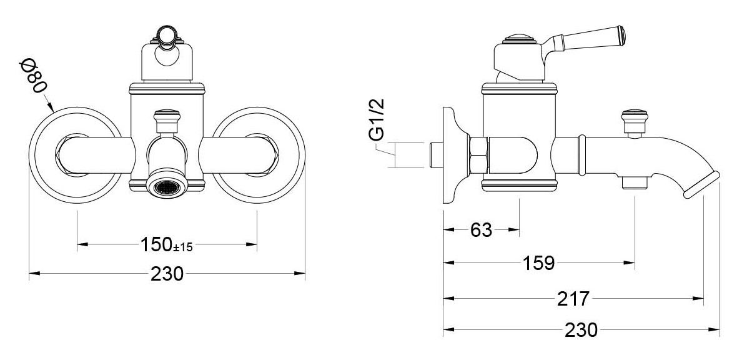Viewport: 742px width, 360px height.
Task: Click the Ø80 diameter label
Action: click(x=34, y=76)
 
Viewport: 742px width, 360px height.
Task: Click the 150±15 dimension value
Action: click(x=166, y=245)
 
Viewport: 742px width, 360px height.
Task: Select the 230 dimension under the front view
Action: click(x=167, y=273)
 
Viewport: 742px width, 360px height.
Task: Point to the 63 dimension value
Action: click(x=482, y=230)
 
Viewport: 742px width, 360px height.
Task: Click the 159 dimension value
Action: click(x=538, y=262)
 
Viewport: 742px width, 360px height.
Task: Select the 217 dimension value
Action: click(x=573, y=298)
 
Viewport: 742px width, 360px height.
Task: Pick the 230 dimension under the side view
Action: click(x=581, y=329)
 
